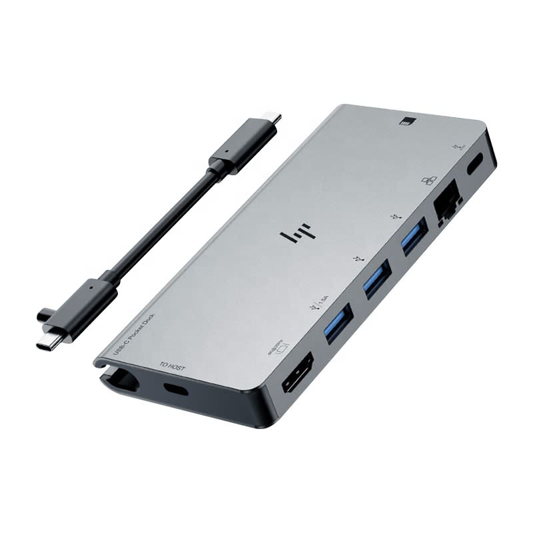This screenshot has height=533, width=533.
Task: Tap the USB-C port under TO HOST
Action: click(x=175, y=389)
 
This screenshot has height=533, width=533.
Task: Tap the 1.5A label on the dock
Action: click(x=324, y=301)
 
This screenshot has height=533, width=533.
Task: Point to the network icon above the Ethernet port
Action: click(x=429, y=181)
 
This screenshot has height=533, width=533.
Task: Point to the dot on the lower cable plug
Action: click(x=91, y=288)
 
